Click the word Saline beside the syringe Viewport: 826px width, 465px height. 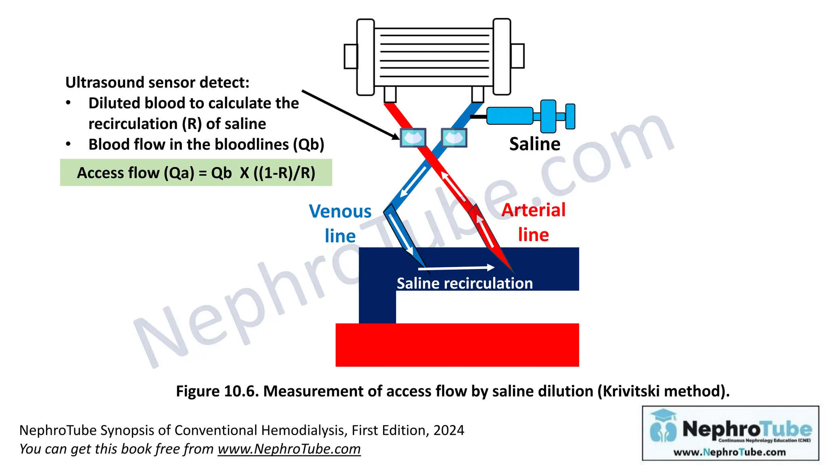(534, 144)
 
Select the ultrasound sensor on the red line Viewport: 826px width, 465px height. (413, 138)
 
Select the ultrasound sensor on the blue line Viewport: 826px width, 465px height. (454, 138)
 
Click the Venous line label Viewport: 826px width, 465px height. (340, 223)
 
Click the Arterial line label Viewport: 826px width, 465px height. (533, 222)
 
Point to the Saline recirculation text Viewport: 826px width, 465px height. (465, 283)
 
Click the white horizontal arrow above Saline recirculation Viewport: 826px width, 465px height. (456, 268)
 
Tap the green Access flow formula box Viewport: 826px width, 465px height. (196, 173)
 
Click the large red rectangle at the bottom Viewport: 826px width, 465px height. (457, 345)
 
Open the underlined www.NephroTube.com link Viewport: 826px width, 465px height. (289, 449)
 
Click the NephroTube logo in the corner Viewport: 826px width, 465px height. (730, 433)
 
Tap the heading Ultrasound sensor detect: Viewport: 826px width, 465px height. (157, 82)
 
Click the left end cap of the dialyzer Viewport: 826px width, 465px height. (365, 57)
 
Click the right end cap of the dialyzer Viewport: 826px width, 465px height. (502, 57)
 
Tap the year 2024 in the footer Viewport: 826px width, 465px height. (448, 430)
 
